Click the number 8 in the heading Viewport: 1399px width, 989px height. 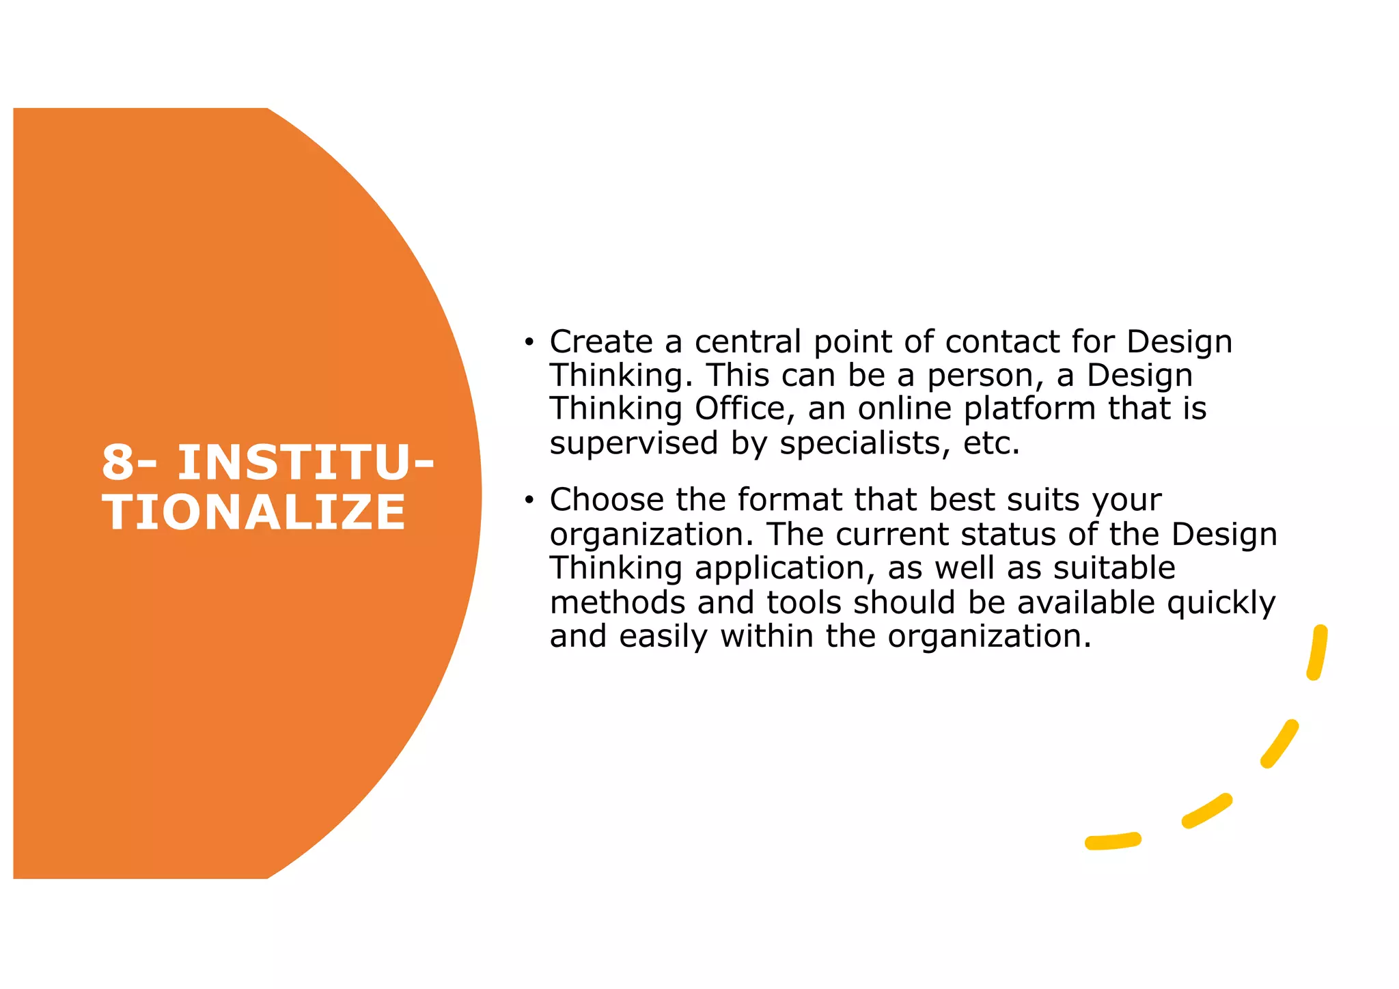coord(118,463)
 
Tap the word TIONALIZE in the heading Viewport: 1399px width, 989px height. coord(254,513)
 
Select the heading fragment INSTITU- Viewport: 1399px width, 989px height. coord(306,463)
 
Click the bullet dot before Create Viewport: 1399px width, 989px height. coord(528,342)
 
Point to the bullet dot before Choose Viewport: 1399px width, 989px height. coord(528,501)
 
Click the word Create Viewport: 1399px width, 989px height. coord(601,342)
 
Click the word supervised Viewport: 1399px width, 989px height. coord(634,443)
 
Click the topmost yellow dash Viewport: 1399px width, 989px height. coord(1317,652)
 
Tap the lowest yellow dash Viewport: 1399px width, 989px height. coord(1112,841)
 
